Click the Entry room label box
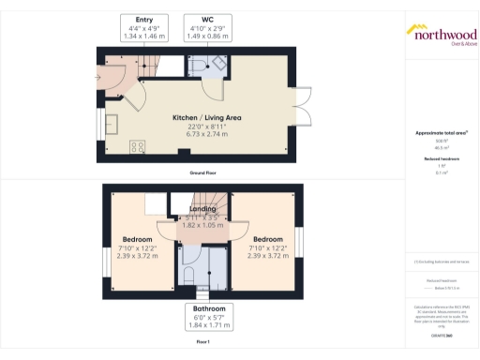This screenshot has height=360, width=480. [143, 28]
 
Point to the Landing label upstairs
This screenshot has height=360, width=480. [202, 209]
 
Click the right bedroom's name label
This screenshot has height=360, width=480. [267, 239]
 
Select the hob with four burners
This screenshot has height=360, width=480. [138, 145]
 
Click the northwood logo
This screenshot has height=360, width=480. [440, 33]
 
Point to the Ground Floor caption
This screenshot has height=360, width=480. [202, 174]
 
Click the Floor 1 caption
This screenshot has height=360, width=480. [202, 343]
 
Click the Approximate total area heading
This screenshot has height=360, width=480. [441, 133]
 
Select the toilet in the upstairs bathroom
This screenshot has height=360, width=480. [188, 273]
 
